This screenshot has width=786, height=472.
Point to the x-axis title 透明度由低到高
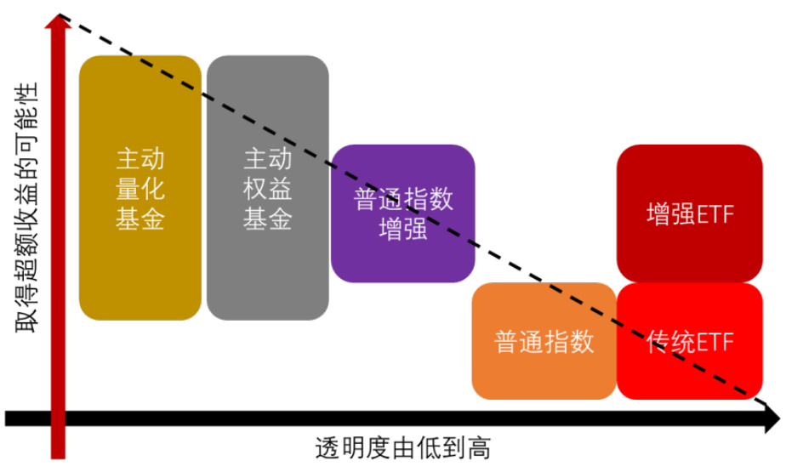[403, 448]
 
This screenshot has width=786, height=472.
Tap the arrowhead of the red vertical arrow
[59, 24]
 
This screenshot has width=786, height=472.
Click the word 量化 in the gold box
[140, 189]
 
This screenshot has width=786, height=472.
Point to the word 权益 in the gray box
[267, 189]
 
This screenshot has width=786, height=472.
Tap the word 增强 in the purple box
[402, 230]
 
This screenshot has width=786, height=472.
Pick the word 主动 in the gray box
[267, 159]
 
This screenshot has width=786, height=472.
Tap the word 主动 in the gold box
[140, 159]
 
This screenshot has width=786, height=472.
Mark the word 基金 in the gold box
[140, 219]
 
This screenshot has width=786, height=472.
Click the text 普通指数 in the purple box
[402, 200]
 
